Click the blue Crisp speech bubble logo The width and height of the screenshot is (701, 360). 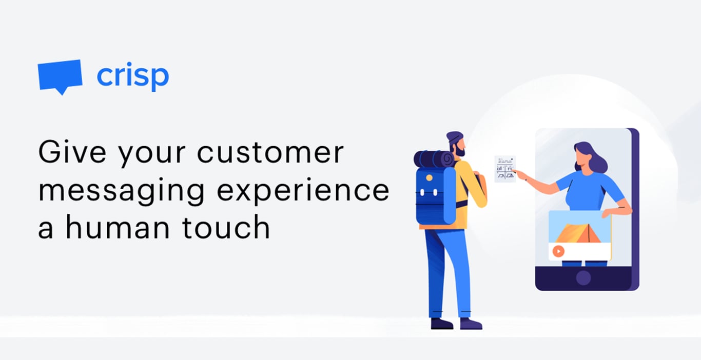[60, 76]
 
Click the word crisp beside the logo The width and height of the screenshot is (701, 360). [132, 76]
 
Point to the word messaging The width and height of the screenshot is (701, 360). [122, 191]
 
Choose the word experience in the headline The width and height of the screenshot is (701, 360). [303, 191]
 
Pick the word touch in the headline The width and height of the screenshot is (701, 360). [226, 228]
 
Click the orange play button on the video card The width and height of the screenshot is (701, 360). [558, 251]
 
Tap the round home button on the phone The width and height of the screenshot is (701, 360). [583, 278]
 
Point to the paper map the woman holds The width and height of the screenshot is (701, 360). [505, 169]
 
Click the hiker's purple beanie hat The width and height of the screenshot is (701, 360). [454, 137]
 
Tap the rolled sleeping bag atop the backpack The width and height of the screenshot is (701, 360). [434, 159]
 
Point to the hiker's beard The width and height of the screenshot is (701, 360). [460, 152]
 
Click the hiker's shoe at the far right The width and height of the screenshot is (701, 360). [471, 324]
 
